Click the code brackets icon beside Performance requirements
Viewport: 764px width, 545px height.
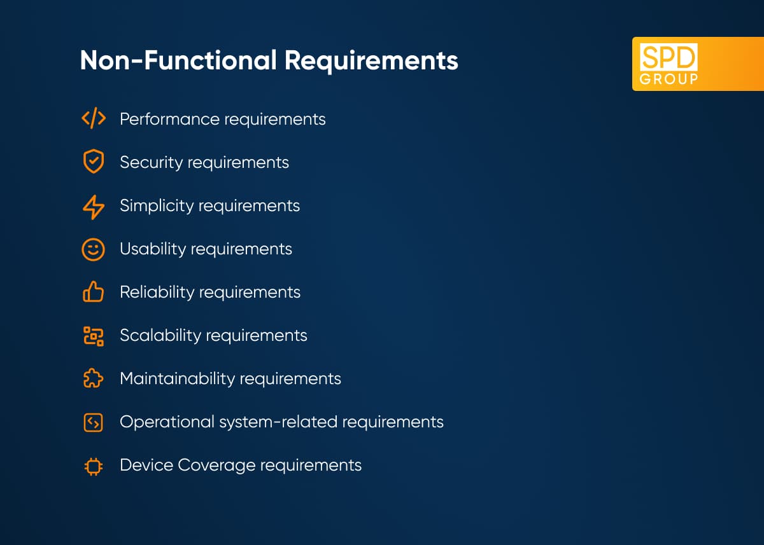[x=94, y=118]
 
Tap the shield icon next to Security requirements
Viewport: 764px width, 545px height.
[x=94, y=161]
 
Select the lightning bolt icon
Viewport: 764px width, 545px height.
[x=94, y=207]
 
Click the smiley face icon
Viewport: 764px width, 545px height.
[x=93, y=250]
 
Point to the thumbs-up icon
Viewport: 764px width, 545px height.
[x=93, y=291]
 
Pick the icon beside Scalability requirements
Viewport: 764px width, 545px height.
[x=94, y=336]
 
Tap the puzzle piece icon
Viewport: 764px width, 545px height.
[x=93, y=378]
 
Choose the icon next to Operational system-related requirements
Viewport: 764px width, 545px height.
[x=93, y=423]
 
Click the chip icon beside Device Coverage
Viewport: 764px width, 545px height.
[x=94, y=466]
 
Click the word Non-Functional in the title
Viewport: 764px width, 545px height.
[x=178, y=60]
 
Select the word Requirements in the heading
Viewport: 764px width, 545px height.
[x=371, y=61]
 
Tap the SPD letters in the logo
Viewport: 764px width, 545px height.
[x=668, y=57]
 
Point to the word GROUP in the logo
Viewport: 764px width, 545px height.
[x=668, y=79]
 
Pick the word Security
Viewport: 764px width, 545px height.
[x=152, y=162]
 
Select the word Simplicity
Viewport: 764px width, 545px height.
[x=157, y=206]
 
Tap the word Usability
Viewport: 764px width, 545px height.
[x=153, y=249]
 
